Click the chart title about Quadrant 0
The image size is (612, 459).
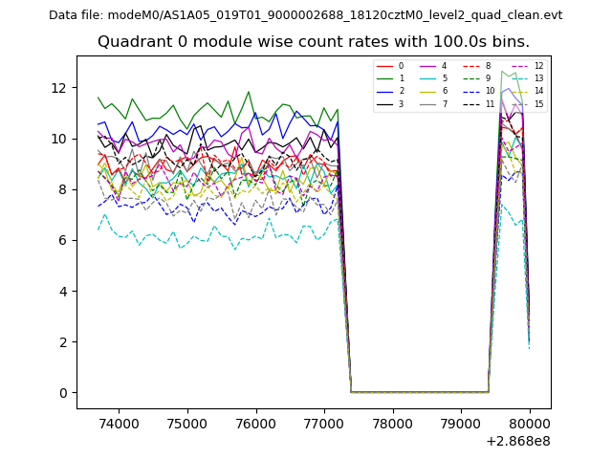click(x=314, y=42)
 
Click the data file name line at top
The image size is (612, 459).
click(x=305, y=15)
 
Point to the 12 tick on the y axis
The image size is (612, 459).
click(x=59, y=88)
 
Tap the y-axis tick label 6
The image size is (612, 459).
click(x=63, y=240)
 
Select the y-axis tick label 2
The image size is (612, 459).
click(x=63, y=342)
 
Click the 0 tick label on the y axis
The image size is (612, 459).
click(x=63, y=393)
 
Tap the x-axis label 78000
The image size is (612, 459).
click(x=392, y=422)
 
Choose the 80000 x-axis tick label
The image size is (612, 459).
click(x=530, y=422)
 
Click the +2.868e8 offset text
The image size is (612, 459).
click(x=518, y=441)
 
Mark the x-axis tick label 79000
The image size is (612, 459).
click(x=461, y=422)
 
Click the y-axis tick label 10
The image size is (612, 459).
click(x=59, y=139)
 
